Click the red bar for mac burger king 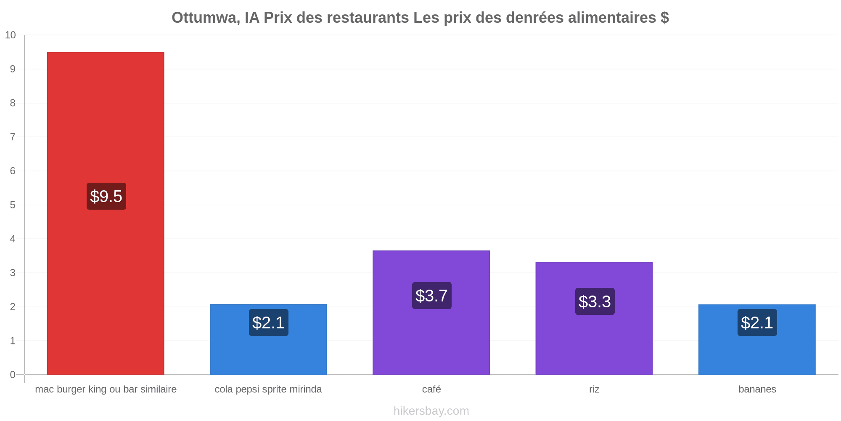point(106,213)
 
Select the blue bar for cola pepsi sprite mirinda point(268,339)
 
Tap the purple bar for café point(431,312)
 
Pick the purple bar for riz point(594,318)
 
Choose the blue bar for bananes point(757,339)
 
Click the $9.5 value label point(106,196)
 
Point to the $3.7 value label point(432,296)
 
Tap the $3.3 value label point(595,301)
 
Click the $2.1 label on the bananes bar point(757,322)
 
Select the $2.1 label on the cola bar point(269,322)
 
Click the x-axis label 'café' point(431,389)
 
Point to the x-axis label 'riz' point(594,389)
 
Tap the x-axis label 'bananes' point(757,389)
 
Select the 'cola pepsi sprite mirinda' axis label point(268,389)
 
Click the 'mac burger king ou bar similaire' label point(106,389)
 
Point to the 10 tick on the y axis point(11,35)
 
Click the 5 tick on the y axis point(13,205)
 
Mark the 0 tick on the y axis point(13,375)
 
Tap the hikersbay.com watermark point(431,411)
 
